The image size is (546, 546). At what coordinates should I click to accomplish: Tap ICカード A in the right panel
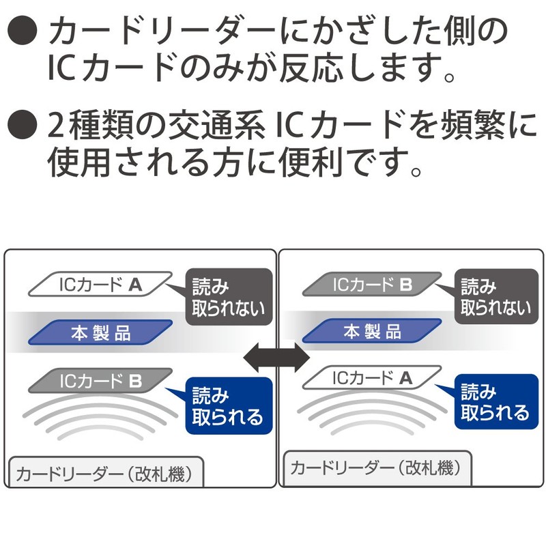coord(372,377)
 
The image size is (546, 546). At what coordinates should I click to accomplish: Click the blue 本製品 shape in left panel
coord(100,334)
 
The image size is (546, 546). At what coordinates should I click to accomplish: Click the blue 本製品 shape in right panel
coord(372,332)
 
